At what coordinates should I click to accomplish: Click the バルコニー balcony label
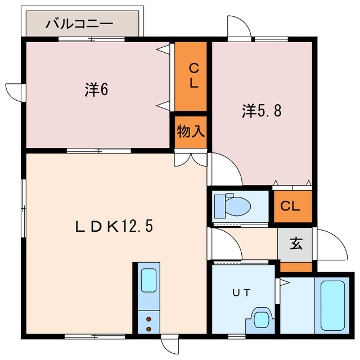coord(79,24)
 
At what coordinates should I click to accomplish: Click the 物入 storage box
coord(191,132)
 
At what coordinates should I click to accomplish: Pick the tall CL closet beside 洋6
coord(192,76)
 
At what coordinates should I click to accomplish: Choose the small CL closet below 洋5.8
coord(291,206)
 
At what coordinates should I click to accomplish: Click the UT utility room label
coord(242,292)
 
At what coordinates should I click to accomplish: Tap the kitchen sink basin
coord(148,280)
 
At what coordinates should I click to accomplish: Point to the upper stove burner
coord(148,319)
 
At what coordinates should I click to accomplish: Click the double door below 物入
coord(191,159)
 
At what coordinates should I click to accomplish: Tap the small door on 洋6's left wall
coord(13,92)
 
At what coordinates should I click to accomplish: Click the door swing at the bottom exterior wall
coord(168,345)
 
